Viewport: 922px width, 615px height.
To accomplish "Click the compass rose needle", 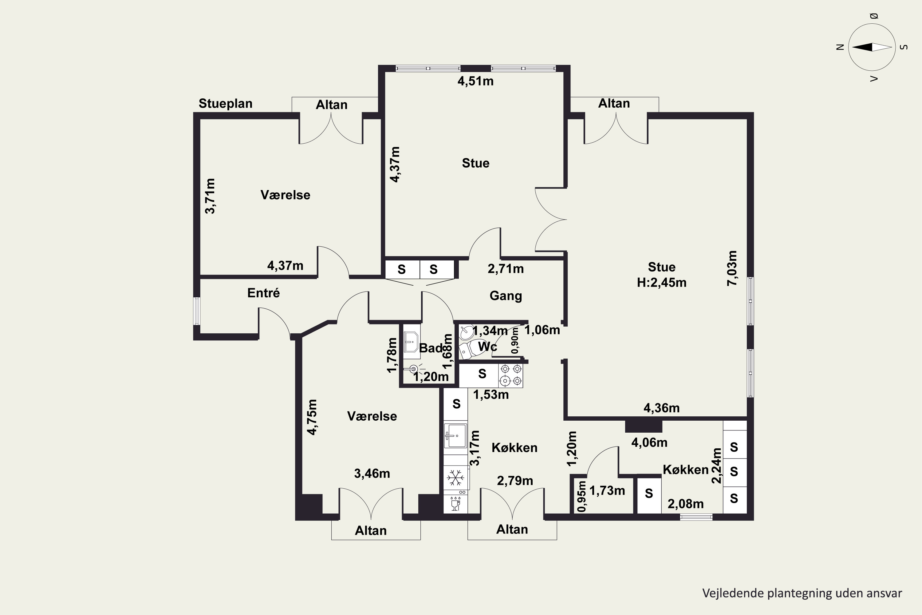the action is [872, 47].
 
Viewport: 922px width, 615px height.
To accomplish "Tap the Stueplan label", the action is [225, 104].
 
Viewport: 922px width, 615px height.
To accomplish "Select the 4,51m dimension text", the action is [475, 81].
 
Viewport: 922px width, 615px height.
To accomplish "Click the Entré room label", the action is [263, 293].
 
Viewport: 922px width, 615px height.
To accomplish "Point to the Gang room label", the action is [506, 296].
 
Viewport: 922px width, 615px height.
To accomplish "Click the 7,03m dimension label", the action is [732, 268].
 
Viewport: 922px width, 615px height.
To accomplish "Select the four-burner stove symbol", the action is [511, 375].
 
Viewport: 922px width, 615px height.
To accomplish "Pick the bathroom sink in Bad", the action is [411, 342].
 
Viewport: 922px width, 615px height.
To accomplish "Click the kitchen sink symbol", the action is [455, 435].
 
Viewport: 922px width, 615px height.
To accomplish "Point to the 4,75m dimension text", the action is [312, 417].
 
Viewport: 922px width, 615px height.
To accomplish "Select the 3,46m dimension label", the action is [372, 474].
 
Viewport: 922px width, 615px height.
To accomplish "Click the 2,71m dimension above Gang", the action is [506, 269].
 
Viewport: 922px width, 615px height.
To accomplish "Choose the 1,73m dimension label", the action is [607, 491].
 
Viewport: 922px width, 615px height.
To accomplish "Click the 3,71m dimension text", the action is [210, 196].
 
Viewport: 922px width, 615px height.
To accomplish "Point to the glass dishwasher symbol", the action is [455, 504].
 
